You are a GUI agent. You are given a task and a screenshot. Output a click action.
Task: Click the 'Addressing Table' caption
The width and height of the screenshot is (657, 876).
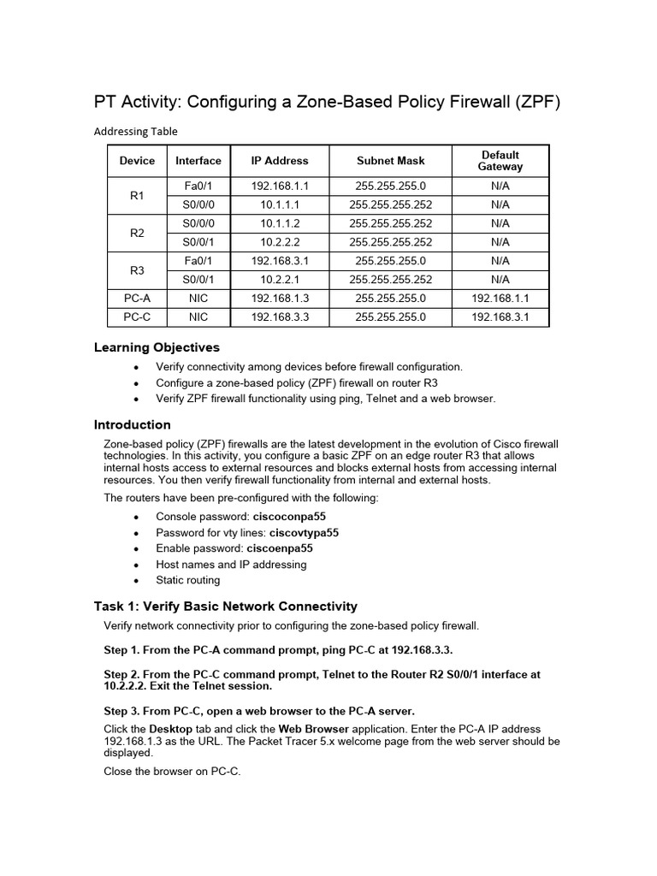(x=135, y=131)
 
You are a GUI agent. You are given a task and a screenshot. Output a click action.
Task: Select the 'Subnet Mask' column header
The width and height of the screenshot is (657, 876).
(x=390, y=161)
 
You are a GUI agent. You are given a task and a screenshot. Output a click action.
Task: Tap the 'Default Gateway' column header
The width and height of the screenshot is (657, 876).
(x=500, y=161)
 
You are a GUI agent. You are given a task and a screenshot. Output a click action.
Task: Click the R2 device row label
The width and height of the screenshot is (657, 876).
(x=137, y=233)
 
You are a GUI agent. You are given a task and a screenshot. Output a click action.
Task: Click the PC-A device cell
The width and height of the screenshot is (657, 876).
(x=137, y=299)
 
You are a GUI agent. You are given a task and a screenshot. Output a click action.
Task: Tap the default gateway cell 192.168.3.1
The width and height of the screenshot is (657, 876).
(x=500, y=317)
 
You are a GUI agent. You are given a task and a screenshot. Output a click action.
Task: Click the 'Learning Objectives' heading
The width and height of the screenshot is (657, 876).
(x=156, y=347)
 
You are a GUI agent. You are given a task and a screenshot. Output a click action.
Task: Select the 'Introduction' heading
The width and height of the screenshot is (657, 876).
(x=132, y=424)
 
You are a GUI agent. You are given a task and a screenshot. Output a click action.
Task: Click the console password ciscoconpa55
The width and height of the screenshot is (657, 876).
(x=289, y=518)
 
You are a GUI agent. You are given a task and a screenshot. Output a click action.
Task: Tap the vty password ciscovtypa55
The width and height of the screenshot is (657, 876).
(x=304, y=533)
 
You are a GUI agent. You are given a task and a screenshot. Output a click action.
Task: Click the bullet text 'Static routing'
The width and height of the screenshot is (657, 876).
(x=187, y=580)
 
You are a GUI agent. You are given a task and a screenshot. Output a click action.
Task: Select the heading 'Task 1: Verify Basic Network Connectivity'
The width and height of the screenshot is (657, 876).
(x=225, y=607)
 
